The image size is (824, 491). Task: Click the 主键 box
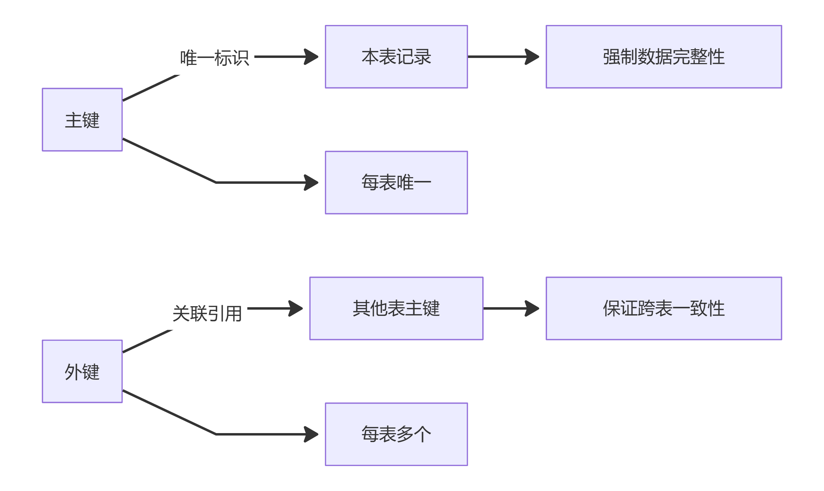pos(82,120)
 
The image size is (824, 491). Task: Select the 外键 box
pos(82,371)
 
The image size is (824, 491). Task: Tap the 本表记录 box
pos(396,57)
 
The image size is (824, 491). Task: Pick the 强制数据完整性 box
pos(664,57)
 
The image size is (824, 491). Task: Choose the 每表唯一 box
pos(396,182)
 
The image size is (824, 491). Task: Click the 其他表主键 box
pos(396,308)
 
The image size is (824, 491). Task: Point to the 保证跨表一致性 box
pos(664,308)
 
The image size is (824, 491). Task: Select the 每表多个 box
pos(396,434)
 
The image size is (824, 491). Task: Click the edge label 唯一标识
pos(214,58)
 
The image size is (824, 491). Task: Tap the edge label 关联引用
pos(207,314)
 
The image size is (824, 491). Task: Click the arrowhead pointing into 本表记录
pos(312,57)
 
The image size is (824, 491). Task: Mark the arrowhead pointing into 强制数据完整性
pos(533,57)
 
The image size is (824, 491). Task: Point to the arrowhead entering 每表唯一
pos(312,182)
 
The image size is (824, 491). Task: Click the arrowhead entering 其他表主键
pos(296,308)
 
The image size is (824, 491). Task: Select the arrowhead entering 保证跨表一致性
pos(533,308)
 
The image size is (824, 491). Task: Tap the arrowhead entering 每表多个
pos(312,434)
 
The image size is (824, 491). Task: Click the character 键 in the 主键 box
pos(91,120)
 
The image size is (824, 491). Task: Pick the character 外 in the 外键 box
pos(73,372)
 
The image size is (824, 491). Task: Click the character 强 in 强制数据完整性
pos(611,57)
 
